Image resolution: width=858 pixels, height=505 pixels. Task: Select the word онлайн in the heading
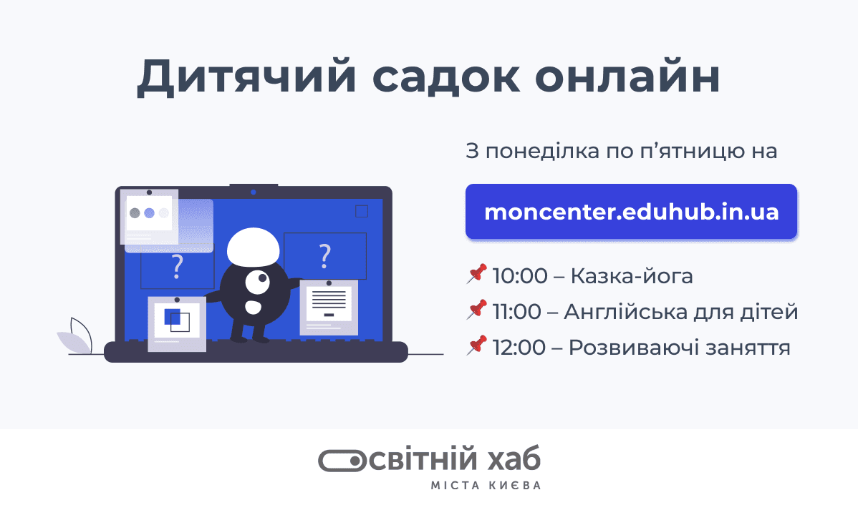(x=627, y=78)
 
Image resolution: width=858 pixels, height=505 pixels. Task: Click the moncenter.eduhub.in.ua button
(x=631, y=212)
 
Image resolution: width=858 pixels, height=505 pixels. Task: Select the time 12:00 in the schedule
(x=519, y=348)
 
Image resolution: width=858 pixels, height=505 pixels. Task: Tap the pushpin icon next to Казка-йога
(x=476, y=274)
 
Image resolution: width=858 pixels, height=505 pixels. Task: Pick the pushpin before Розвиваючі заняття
(x=476, y=346)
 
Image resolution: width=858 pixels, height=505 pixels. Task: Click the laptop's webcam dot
(x=254, y=192)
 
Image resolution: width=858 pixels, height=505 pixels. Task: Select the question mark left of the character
(x=178, y=266)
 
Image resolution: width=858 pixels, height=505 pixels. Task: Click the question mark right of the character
(x=325, y=254)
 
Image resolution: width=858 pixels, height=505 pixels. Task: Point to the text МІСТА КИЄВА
(x=486, y=486)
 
